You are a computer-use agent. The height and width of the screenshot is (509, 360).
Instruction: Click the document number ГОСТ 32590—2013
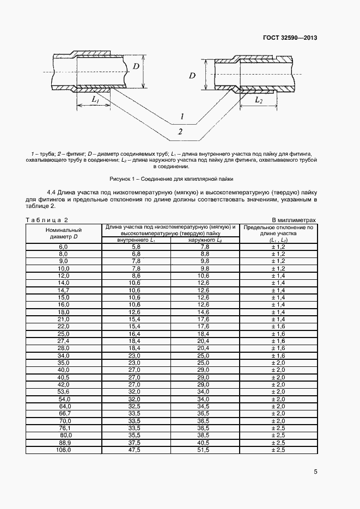coord(289,38)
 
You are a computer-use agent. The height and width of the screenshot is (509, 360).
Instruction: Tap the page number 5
coord(315,471)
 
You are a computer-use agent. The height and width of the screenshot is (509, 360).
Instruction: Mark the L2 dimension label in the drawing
coord(259,101)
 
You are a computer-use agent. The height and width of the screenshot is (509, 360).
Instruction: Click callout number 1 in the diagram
coord(182,116)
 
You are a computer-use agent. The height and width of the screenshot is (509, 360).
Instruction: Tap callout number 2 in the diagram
coord(180,131)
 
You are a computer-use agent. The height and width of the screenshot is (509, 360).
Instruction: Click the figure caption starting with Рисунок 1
coord(171,178)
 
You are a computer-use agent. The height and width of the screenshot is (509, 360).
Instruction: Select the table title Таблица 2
coord(47,220)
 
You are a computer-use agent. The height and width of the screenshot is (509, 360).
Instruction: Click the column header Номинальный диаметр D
coord(64,233)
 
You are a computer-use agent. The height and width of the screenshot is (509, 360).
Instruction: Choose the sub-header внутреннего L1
coord(136,240)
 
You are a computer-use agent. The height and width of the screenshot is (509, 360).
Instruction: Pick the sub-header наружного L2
coord(205,240)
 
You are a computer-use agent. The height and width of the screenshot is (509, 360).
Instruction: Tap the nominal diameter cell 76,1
coord(64,428)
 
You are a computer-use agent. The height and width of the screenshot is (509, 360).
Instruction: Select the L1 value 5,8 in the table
coord(136,247)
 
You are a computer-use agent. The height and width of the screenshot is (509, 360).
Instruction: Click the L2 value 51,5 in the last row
coord(205,450)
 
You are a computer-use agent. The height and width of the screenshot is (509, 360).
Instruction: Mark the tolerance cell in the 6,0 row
coord(278,247)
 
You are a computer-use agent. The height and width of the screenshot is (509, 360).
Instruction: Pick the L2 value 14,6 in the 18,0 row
coord(205,311)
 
